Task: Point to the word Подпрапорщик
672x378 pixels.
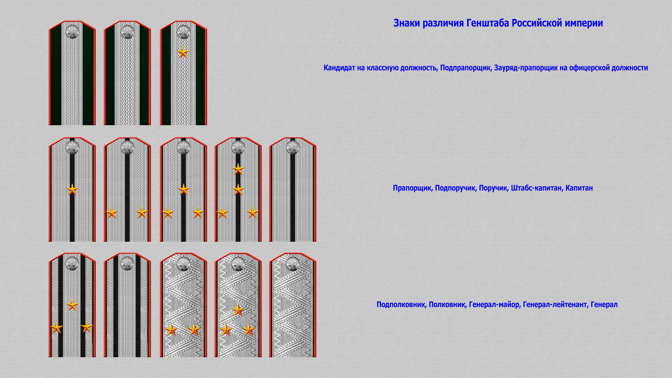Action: tap(465, 68)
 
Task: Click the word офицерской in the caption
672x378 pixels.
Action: tap(589, 68)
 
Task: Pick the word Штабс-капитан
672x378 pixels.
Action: tap(536, 188)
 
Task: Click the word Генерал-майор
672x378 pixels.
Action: tap(494, 304)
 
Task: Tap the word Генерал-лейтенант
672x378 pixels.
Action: tap(555, 304)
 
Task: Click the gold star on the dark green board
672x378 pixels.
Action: tap(183, 52)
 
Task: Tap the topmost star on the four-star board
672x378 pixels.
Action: tap(238, 169)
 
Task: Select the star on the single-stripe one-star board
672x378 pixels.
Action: tap(72, 190)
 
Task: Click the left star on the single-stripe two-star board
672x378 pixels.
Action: tap(112, 212)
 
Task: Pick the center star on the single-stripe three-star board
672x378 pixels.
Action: tap(183, 190)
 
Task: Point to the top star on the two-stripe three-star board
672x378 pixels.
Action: tap(72, 305)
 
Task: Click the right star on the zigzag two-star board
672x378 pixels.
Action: tap(194, 329)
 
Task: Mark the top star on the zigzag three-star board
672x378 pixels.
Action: tap(238, 310)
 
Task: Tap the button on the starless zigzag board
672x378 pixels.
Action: tap(293, 263)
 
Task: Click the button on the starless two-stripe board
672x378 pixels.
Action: tap(127, 263)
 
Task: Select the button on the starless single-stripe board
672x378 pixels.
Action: tap(293, 147)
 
